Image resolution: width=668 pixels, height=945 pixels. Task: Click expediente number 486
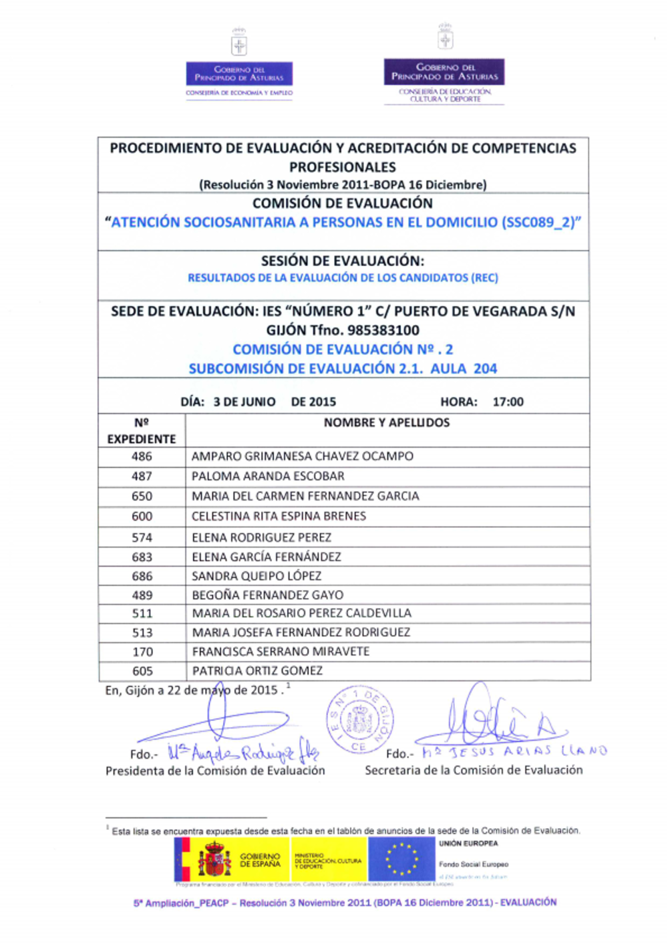coord(142,456)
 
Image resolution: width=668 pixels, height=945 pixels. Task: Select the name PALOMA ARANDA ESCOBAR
coord(268,477)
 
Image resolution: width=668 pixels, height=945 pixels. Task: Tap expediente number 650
coord(142,497)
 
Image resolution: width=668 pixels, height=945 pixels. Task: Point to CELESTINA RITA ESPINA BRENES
coord(279,517)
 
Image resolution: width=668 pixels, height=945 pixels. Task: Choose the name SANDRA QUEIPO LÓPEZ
coord(257,576)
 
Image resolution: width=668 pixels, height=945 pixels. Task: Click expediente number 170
coord(142,652)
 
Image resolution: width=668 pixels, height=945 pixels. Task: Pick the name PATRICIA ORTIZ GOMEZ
coord(257,671)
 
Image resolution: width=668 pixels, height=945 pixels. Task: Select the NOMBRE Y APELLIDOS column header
coord(387,423)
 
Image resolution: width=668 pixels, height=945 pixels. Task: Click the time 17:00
coord(508,402)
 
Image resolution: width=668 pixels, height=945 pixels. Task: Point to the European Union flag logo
coord(401,859)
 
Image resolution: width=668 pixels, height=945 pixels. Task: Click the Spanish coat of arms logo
coord(214,859)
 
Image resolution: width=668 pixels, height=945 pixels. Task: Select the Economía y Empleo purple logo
coord(239,74)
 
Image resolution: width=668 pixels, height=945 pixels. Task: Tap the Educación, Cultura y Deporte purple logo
coord(444,72)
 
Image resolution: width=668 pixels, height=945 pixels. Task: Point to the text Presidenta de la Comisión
coord(215,771)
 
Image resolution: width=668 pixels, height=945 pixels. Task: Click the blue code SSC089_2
coord(540,223)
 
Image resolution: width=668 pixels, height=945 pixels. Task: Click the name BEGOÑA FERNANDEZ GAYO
coord(267,595)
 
